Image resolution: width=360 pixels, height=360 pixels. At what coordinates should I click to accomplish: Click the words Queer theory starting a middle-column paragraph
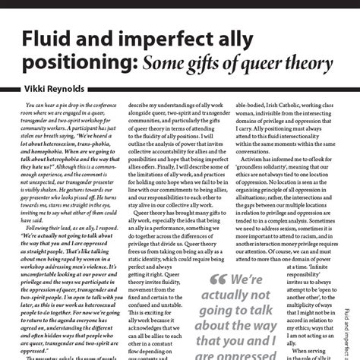click(x=151, y=214)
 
